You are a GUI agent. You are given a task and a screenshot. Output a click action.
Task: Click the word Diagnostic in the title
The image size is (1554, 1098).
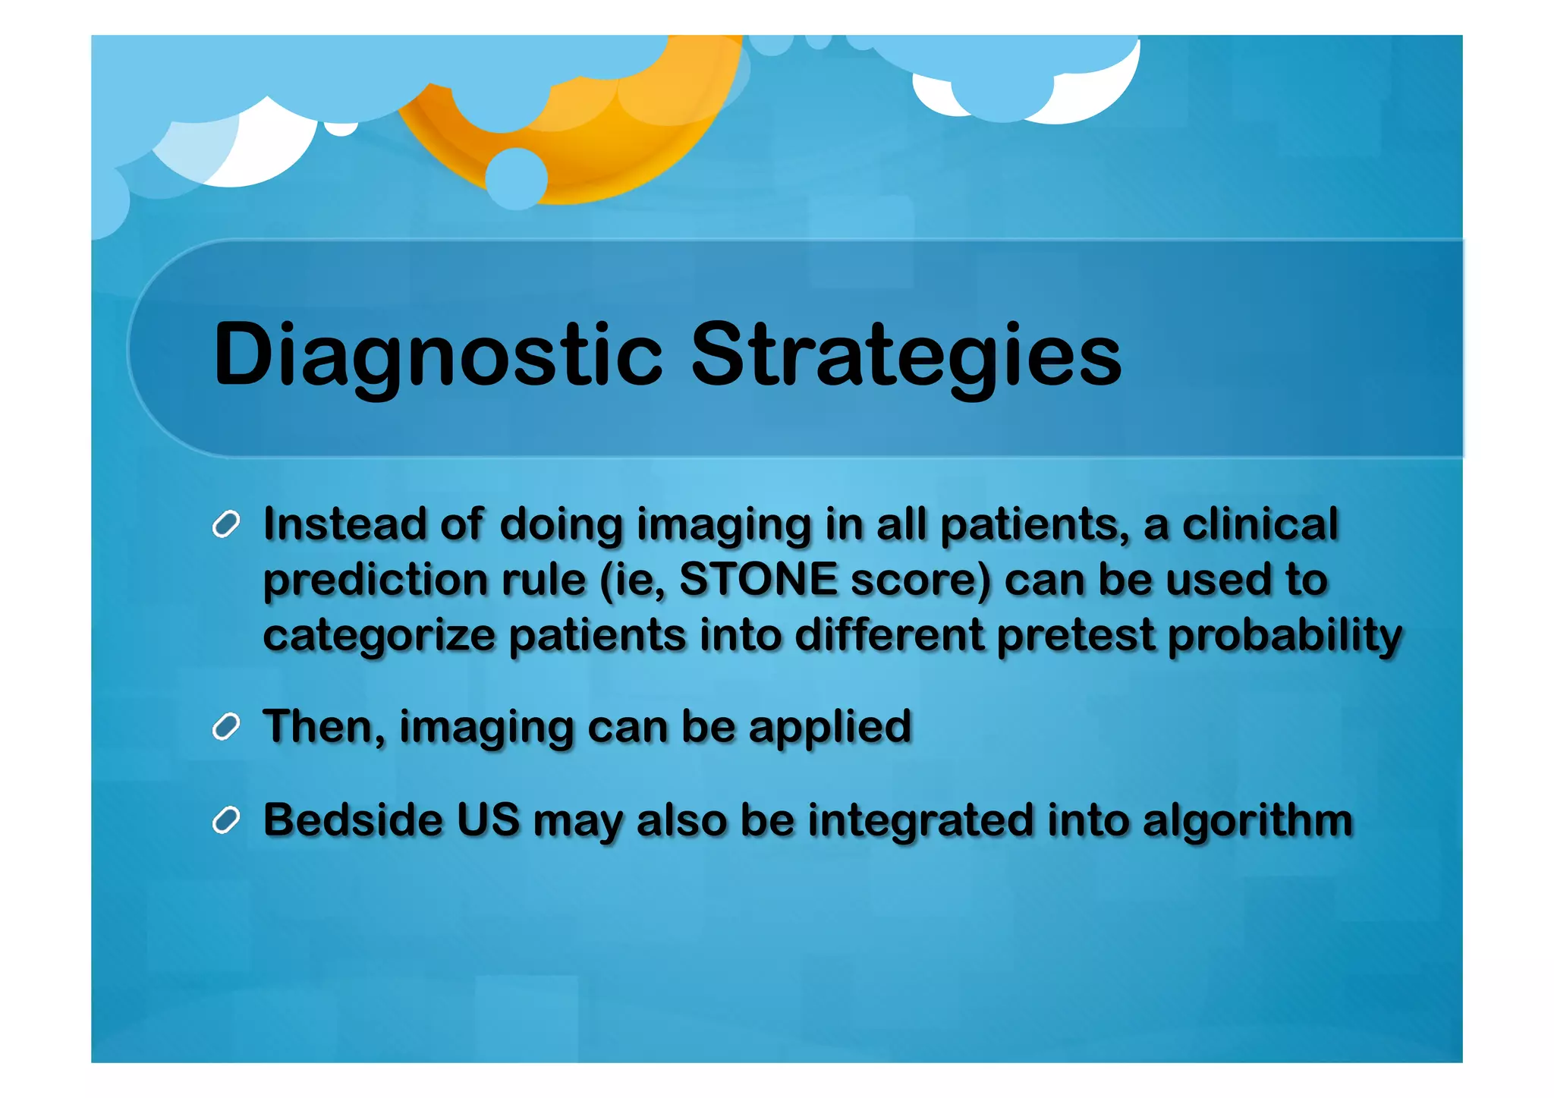pos(438,354)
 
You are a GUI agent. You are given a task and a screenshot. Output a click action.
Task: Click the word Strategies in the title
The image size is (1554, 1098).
pos(906,354)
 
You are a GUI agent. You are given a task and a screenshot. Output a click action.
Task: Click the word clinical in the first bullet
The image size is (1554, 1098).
pos(1260,524)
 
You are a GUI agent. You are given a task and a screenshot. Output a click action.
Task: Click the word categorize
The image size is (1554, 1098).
pos(379,636)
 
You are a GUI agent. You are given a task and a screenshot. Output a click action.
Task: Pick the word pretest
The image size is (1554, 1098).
pos(1075,636)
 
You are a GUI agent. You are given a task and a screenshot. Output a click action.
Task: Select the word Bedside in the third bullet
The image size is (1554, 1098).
pos(353,820)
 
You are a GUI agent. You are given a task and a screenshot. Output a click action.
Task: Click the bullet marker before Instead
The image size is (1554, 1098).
pos(226,524)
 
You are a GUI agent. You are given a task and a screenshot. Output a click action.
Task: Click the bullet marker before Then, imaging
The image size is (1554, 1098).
pos(226,727)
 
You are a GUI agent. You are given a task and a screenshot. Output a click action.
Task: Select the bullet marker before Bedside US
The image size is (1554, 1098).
pos(226,820)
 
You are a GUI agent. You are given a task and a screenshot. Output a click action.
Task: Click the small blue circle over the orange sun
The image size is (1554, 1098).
pos(516,179)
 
